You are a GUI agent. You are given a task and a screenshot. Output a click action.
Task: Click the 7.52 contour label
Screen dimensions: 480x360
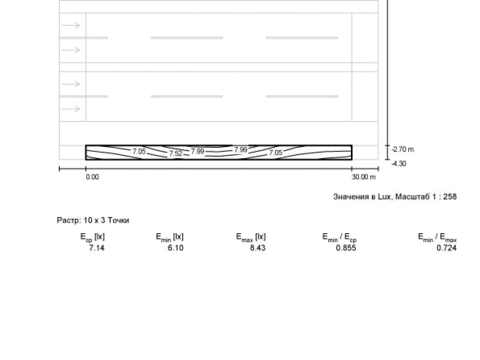(x=175, y=153)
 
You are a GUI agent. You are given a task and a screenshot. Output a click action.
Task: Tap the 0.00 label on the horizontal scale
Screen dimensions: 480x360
(x=92, y=177)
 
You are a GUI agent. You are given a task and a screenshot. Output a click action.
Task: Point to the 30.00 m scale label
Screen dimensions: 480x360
(x=364, y=177)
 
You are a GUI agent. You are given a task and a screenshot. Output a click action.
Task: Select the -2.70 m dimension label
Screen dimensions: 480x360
(x=403, y=150)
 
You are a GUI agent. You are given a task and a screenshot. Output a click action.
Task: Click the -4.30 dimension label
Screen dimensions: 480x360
(x=399, y=164)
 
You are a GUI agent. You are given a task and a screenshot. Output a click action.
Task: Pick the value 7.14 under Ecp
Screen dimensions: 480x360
(x=97, y=248)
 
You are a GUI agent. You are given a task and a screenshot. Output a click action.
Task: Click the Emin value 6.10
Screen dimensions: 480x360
(x=175, y=248)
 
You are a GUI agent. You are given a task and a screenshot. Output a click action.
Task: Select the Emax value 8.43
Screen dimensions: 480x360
(x=258, y=248)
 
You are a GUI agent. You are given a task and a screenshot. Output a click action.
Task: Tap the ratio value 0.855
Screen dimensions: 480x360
(x=346, y=248)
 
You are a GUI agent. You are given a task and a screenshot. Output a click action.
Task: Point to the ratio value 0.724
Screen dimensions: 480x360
(x=447, y=248)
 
